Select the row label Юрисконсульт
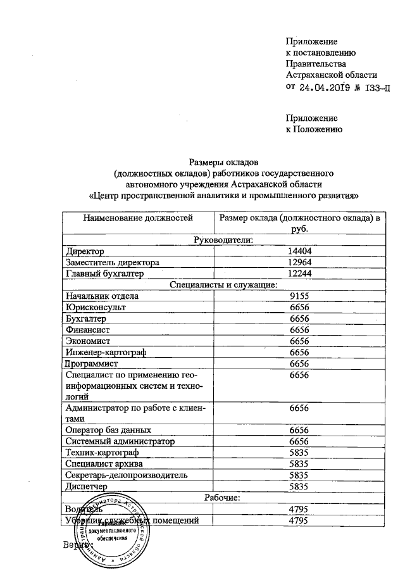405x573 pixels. click(96, 307)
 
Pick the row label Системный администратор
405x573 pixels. click(120, 441)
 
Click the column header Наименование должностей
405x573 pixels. click(137, 218)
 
